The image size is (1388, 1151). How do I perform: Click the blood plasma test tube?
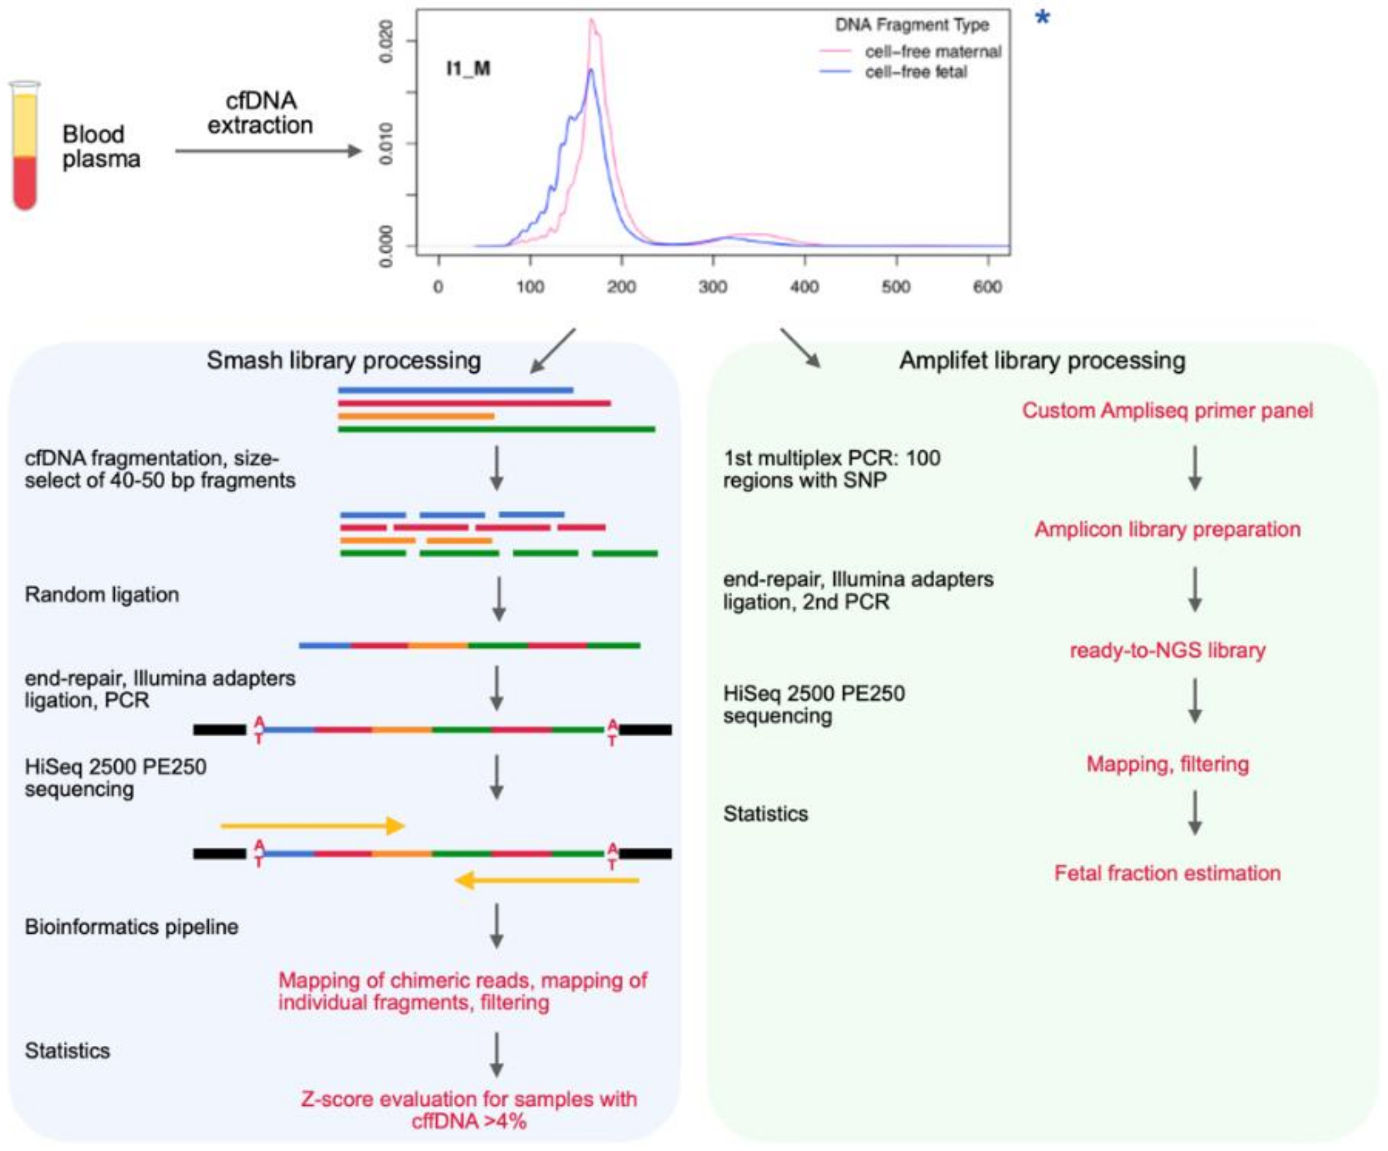click(25, 145)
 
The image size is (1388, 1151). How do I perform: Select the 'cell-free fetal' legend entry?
click(916, 72)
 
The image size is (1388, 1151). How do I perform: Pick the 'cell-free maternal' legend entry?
click(932, 51)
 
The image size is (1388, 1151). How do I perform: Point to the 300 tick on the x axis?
click(712, 287)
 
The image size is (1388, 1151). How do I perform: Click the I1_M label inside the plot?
click(468, 68)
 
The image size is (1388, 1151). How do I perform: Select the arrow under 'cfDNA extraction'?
click(268, 152)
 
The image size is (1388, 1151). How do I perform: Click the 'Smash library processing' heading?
click(343, 361)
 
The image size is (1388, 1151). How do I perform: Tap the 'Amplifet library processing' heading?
click(1042, 361)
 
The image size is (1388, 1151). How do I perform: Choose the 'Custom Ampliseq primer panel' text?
click(1167, 410)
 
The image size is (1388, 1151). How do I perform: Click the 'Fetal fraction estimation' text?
click(1167, 873)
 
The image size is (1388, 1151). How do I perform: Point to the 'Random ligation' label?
click(102, 594)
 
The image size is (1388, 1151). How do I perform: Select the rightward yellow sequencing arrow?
click(312, 826)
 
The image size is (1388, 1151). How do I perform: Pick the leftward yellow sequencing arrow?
click(547, 880)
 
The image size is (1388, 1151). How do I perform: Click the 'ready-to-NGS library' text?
click(1167, 650)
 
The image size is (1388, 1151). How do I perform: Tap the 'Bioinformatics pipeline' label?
click(131, 927)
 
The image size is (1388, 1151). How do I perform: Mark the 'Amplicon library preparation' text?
click(1167, 529)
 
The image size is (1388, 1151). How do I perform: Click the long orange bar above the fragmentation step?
click(416, 416)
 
